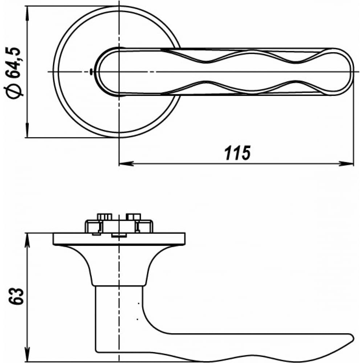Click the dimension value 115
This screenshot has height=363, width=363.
237,153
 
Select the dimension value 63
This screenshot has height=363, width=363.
16,297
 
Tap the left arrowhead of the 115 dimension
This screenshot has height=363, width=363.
126,164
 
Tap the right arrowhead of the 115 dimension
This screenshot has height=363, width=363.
346,164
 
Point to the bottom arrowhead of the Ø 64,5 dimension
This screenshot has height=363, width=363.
27,130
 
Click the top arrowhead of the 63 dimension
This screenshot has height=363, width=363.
28,240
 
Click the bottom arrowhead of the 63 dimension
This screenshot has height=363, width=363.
28,354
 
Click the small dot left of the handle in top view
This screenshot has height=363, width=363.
91,72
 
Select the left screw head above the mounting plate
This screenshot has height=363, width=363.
105,217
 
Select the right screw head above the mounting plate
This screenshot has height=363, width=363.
133,217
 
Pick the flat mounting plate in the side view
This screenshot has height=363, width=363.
119,239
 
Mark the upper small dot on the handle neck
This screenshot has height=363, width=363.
138,303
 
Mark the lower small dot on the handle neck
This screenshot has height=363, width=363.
138,319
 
